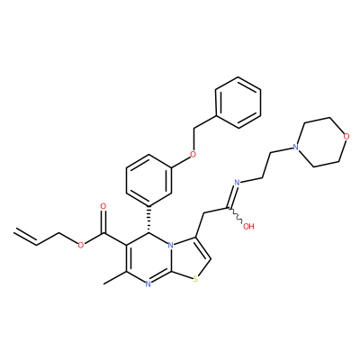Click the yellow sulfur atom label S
click(x=195, y=280)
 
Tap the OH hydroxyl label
click(x=248, y=226)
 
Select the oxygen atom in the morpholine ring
click(x=346, y=137)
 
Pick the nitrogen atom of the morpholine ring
click(x=295, y=148)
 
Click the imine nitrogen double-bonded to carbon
click(x=237, y=182)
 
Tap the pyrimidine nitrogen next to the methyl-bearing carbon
click(x=148, y=283)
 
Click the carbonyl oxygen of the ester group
click(x=103, y=206)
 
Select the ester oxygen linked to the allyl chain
click(x=80, y=246)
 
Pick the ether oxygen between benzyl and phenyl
click(x=193, y=155)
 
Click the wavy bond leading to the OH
click(x=237, y=215)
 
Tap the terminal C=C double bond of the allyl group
click(x=25, y=237)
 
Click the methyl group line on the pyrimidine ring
click(x=115, y=277)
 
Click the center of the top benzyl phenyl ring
click(x=238, y=103)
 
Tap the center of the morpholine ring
click(x=321, y=142)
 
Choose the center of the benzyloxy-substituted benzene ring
click(x=148, y=181)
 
